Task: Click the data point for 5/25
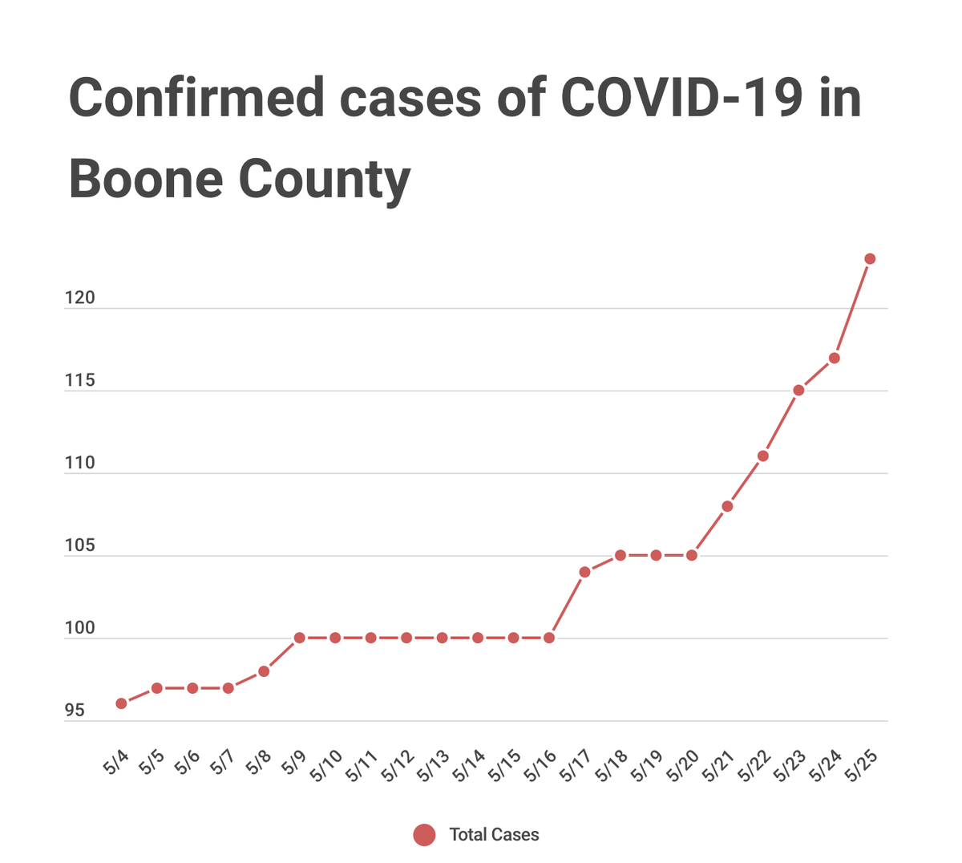click(x=870, y=259)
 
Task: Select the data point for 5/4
click(x=121, y=703)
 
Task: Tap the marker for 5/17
click(x=584, y=572)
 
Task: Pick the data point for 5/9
click(x=299, y=638)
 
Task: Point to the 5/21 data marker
click(x=727, y=506)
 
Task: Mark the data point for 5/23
click(x=798, y=391)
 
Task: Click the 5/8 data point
click(x=264, y=671)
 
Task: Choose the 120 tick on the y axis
click(x=79, y=298)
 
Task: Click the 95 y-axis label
click(x=75, y=711)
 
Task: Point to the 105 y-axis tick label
click(x=79, y=546)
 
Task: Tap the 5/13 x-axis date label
click(x=434, y=767)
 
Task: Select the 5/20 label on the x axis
click(x=683, y=767)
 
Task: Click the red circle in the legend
click(x=424, y=835)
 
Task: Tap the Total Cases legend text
click(x=494, y=835)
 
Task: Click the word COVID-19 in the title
click(x=681, y=98)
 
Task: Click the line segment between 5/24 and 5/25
click(x=852, y=309)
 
